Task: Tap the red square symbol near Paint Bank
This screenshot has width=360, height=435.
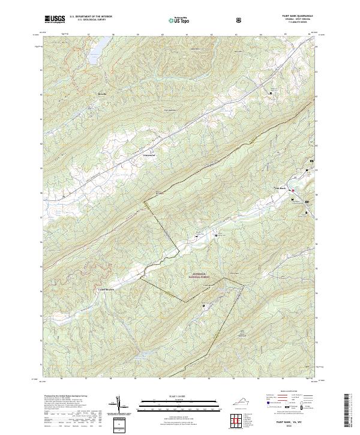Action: click(x=293, y=191)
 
